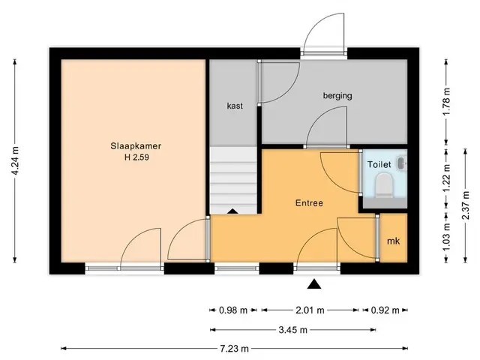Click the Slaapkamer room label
tap(136, 146)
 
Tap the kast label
tap(235, 106)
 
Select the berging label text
tap(337, 96)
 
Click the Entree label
tap(309, 203)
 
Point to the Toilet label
tap(379, 165)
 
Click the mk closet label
tap(393, 241)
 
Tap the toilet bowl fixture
tap(384, 185)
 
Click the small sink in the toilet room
tap(402, 163)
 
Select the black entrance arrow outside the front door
tap(314, 284)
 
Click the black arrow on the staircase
tap(232, 211)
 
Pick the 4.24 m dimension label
tap(15, 161)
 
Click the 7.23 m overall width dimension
tap(234, 348)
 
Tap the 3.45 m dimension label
tap(292, 330)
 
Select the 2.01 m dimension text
tap(310, 310)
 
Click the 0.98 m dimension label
tap(233, 310)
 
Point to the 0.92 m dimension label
tap(385, 310)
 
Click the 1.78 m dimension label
tap(447, 102)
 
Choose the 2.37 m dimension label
tap(466, 205)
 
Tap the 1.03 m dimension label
tap(447, 237)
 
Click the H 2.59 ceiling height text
tap(136, 157)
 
